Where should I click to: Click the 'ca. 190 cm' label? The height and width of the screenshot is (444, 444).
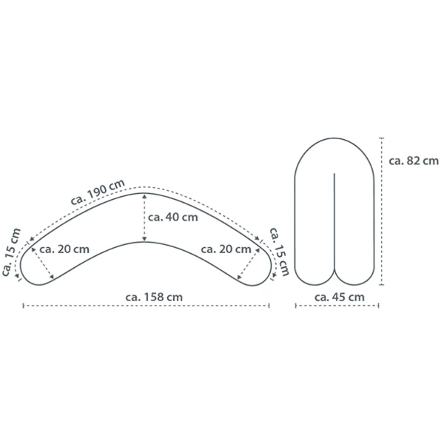(x=98, y=192)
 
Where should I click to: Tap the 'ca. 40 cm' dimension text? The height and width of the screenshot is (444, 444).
(x=172, y=217)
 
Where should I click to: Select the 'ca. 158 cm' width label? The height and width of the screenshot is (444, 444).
(x=154, y=297)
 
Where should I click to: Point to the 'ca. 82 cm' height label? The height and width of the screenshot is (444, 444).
(x=414, y=161)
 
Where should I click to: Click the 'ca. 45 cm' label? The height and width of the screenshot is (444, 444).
(x=339, y=297)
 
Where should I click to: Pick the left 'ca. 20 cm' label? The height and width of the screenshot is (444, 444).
(x=64, y=249)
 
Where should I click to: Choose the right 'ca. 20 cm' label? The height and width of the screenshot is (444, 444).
(x=226, y=249)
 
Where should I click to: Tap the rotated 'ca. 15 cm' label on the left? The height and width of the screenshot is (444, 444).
(x=11, y=252)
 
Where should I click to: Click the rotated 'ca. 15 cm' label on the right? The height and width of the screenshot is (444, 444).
(x=279, y=252)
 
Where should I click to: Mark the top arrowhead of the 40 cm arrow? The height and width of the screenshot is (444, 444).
(x=144, y=196)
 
